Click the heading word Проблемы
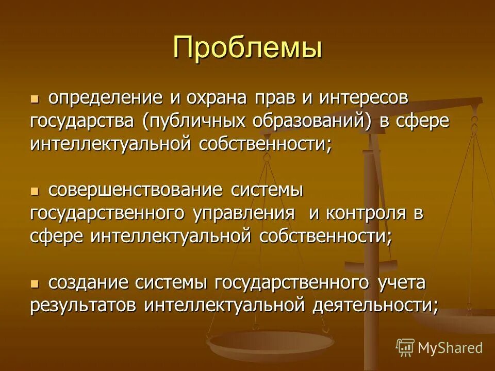click(x=247, y=48)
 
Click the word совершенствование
click(x=136, y=190)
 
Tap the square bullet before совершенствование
click(x=35, y=191)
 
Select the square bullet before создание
click(x=35, y=283)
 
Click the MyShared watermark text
click(x=450, y=348)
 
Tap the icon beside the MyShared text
click(x=405, y=347)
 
